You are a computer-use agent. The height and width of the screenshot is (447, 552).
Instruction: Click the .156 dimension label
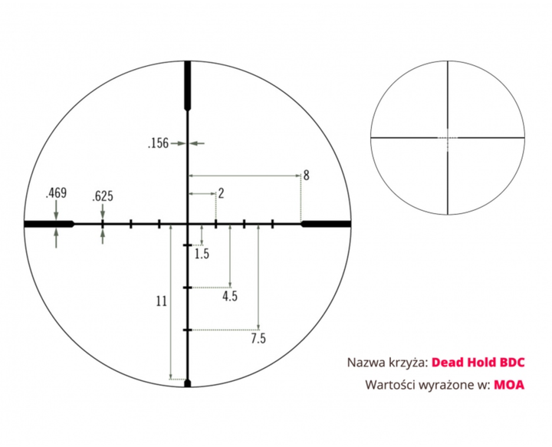158,143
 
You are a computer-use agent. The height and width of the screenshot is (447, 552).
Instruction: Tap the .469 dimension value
56,193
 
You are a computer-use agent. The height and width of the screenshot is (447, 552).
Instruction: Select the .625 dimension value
103,196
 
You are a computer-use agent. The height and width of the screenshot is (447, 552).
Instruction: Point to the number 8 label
306,176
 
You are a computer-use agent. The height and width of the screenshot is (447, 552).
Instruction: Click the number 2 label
221,193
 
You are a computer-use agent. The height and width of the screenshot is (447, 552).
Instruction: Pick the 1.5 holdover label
202,254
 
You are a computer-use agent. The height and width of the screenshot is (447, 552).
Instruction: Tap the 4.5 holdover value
230,296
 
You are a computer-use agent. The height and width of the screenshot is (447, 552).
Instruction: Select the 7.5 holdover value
258,339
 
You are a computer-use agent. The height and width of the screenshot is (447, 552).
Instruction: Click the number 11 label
162,301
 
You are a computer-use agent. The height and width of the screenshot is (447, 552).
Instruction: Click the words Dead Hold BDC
478,363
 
